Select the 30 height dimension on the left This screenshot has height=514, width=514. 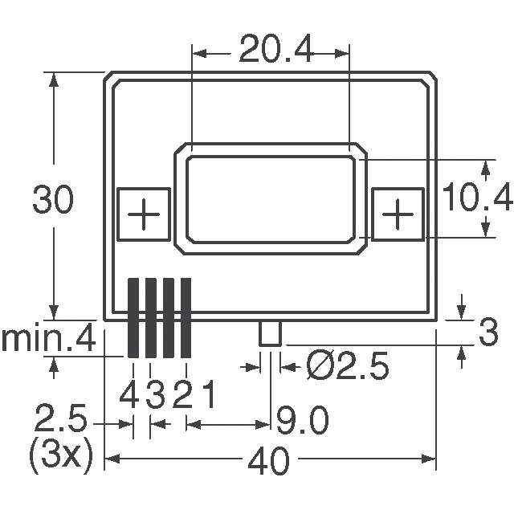53,201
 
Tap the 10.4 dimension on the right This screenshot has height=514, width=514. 479,198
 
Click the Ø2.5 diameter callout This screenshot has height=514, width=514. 348,367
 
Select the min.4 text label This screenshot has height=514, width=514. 48,340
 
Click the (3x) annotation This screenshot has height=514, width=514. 61,458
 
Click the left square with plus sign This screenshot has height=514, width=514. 144,214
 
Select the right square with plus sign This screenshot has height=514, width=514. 397,214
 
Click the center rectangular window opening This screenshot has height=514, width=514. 270,198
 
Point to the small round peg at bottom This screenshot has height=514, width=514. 269,333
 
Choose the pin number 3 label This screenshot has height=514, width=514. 155,395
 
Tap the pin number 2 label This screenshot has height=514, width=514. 182,395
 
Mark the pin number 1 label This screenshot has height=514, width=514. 206,395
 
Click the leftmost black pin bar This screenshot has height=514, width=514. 134,318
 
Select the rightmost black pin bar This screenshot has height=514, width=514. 186,318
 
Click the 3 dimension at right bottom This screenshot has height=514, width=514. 487,333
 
